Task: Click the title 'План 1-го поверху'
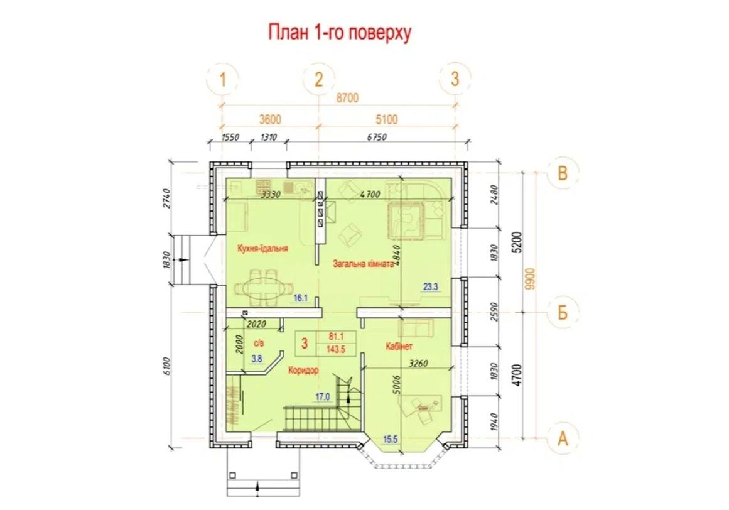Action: [x=340, y=33]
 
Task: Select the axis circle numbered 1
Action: [x=223, y=80]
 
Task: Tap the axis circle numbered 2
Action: [x=318, y=80]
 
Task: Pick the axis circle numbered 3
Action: [x=455, y=79]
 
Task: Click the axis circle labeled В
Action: [x=563, y=173]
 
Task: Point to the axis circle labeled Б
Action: [x=563, y=312]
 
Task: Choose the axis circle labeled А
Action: [x=563, y=438]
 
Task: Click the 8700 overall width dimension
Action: [x=347, y=98]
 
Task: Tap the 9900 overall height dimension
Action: [x=531, y=279]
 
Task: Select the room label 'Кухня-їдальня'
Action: [x=262, y=248]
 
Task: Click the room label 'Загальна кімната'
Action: [x=363, y=264]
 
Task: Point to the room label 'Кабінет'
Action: [x=399, y=346]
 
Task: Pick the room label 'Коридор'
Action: [x=303, y=371]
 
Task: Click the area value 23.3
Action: [x=431, y=287]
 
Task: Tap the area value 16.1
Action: [x=301, y=298]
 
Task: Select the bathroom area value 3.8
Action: [x=257, y=359]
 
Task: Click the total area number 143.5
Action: [x=336, y=350]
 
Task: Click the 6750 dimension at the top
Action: [x=377, y=137]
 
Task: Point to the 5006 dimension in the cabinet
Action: [x=396, y=384]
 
